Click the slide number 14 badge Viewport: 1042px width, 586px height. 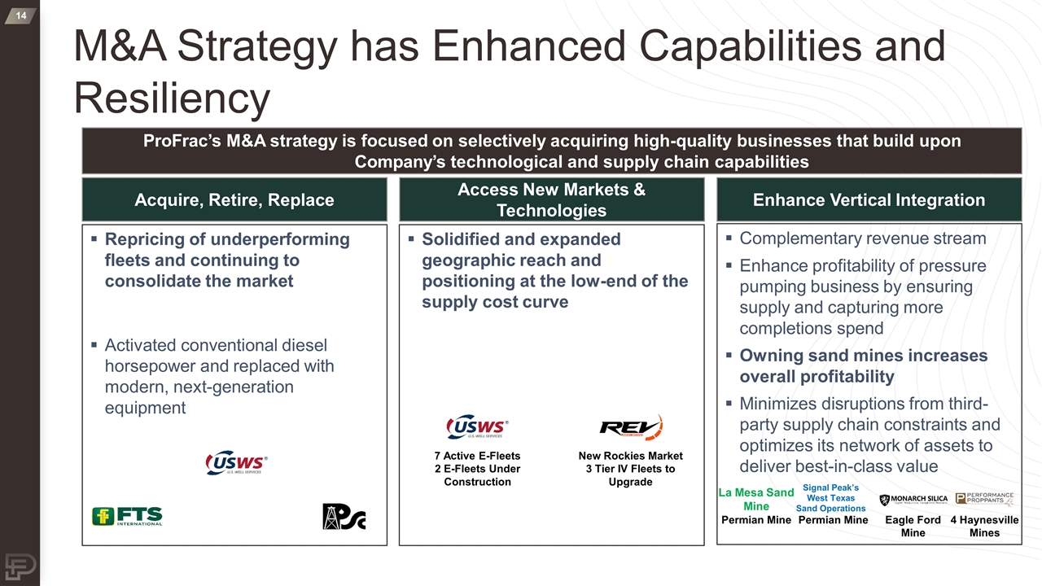20,16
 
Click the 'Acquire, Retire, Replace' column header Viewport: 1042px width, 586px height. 234,199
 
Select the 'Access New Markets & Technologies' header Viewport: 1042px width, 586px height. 551,199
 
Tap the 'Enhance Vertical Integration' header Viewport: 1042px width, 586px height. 869,199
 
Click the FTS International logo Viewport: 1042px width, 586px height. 127,517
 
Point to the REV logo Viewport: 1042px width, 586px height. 631,427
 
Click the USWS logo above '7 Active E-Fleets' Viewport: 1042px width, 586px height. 477,427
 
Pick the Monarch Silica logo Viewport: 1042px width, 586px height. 913,500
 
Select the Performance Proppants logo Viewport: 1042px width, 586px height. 984,499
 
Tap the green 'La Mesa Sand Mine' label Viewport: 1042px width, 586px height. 756,499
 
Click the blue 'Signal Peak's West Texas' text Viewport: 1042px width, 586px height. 830,492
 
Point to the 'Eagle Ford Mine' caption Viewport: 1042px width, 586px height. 913,526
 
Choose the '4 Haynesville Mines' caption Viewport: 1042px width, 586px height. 984,526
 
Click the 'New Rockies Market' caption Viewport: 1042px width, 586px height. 630,456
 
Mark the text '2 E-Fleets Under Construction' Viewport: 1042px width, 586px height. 477,475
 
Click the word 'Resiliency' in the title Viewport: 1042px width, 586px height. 172,98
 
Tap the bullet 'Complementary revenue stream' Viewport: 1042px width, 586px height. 862,238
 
